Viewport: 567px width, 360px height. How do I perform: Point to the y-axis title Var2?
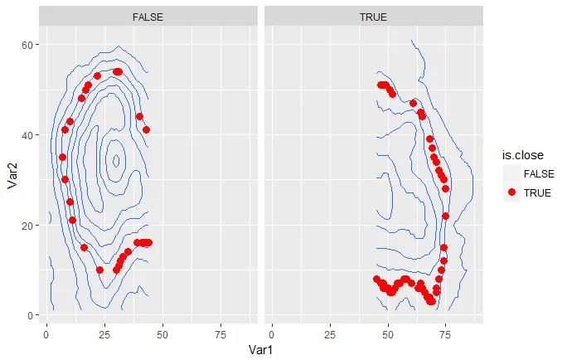click(12, 176)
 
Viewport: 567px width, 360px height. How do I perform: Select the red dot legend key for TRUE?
click(512, 192)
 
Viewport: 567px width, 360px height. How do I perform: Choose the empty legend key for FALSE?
click(512, 173)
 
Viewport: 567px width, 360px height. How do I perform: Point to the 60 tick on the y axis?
click(29, 44)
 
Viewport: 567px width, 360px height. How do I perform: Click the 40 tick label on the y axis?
click(29, 134)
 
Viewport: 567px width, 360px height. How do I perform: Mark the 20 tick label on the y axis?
click(29, 226)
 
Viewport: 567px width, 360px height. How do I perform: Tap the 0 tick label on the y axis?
click(32, 316)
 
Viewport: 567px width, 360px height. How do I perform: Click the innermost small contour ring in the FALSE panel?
click(115, 160)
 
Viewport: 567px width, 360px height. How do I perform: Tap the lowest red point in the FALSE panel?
click(100, 270)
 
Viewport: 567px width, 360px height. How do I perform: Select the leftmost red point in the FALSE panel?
click(62, 157)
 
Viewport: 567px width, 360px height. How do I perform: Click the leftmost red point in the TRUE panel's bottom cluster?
click(377, 280)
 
